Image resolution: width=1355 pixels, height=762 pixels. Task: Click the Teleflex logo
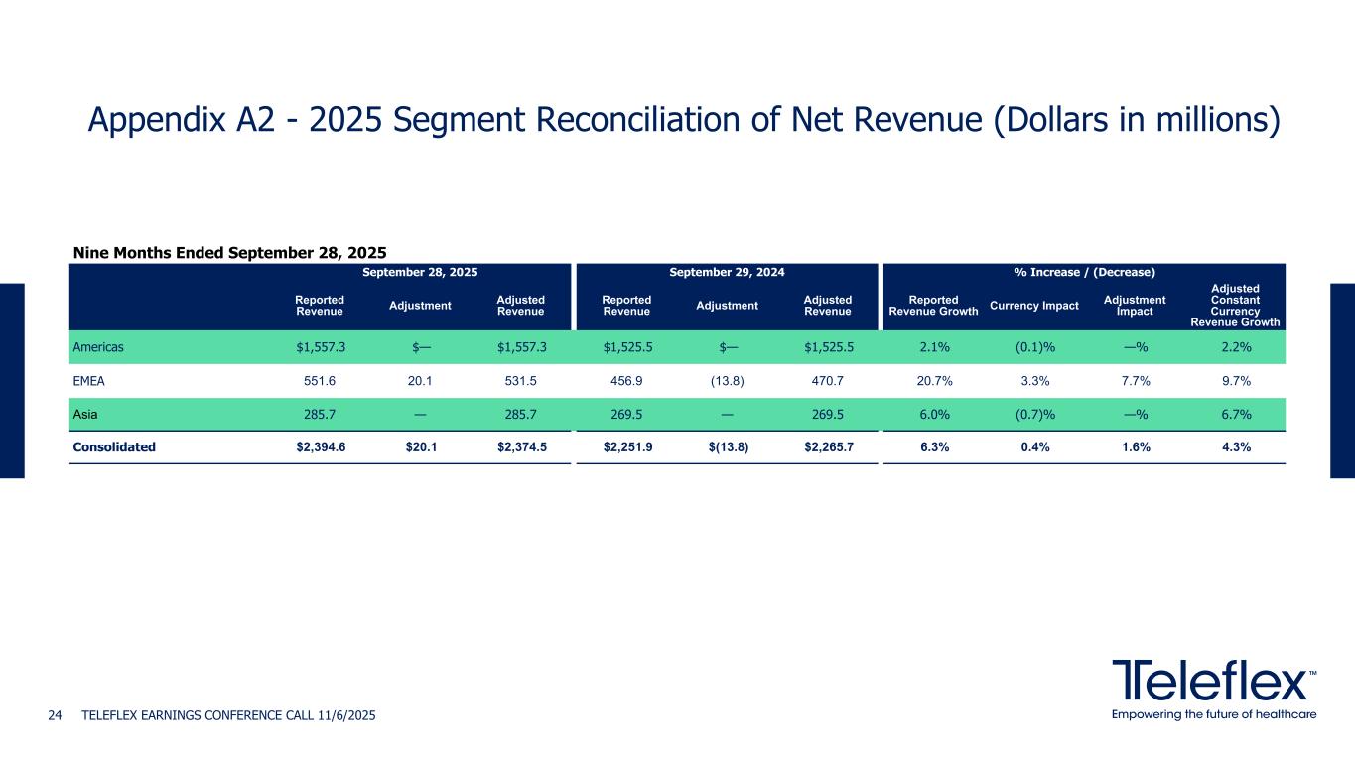tap(1214, 680)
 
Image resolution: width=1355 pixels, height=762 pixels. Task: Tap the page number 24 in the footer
tap(56, 715)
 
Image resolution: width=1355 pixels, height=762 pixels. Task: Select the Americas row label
tap(97, 347)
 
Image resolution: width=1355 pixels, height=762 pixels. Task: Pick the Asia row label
tap(84, 414)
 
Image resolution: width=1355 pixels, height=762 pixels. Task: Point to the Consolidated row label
tap(114, 446)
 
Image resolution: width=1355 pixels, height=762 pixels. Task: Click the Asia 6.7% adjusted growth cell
tap(1236, 414)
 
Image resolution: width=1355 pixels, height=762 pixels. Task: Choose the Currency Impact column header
tap(1034, 305)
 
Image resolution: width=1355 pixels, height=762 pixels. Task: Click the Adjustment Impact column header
tap(1136, 305)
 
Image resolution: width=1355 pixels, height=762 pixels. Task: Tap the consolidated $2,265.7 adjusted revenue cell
tap(828, 446)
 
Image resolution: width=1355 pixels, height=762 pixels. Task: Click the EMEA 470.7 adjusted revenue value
tap(828, 381)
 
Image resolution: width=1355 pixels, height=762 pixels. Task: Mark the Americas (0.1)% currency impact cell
tap(1034, 347)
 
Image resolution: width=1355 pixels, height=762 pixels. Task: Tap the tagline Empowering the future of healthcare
tap(1214, 714)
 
